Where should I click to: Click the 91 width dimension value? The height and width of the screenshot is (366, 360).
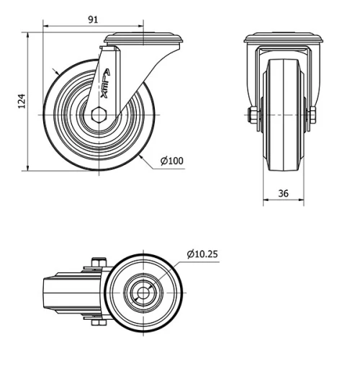coord(93,19)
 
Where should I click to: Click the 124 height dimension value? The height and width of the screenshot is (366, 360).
coord(21,102)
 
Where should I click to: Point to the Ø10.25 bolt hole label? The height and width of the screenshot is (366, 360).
coord(203,254)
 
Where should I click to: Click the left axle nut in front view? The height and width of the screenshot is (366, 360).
coord(252,115)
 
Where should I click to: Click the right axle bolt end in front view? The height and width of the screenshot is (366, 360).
coord(313,115)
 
